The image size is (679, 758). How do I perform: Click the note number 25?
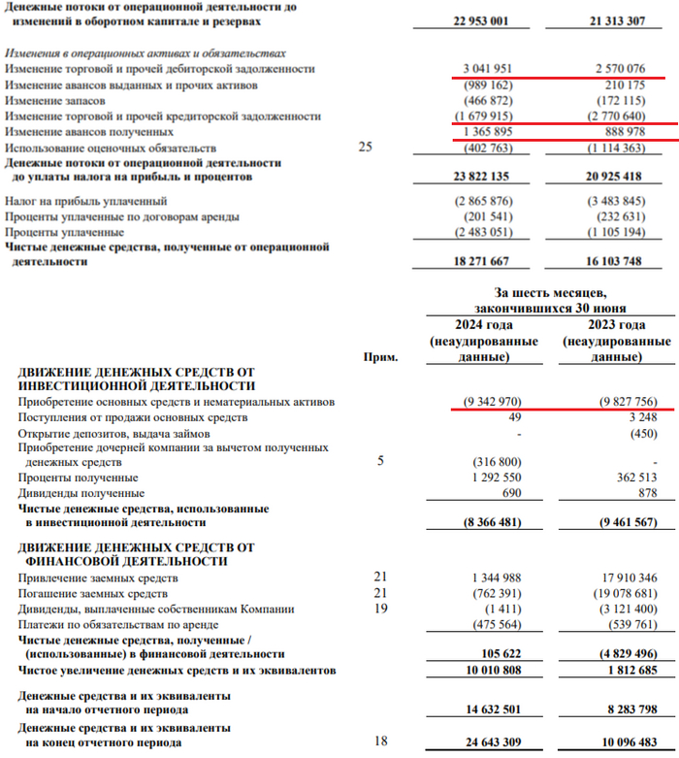pos(366,148)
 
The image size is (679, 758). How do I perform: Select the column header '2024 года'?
pos(484,324)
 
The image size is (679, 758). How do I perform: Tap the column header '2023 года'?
pos(617,324)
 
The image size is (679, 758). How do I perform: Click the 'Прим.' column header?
pos(380,356)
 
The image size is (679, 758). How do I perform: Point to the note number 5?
pos(380,461)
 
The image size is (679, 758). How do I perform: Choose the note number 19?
pos(380,609)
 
